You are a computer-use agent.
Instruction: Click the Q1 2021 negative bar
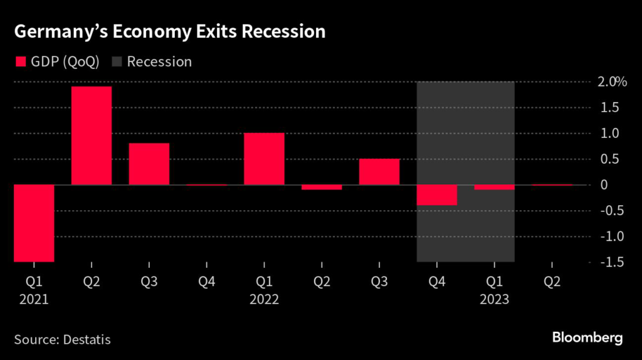click(x=34, y=223)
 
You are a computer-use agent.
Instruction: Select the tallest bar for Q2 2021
click(x=92, y=135)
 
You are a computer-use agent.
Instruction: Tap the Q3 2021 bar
click(x=149, y=164)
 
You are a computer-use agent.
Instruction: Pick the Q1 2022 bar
click(x=264, y=159)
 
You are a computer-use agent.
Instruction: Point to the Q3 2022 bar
click(x=379, y=172)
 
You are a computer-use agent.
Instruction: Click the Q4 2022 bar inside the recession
click(x=437, y=195)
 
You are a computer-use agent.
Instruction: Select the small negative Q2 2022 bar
click(x=322, y=188)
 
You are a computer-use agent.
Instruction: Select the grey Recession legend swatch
click(x=117, y=61)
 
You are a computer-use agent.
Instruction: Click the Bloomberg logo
click(x=587, y=338)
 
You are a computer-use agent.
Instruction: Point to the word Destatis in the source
click(x=87, y=340)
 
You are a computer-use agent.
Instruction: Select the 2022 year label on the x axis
click(x=264, y=300)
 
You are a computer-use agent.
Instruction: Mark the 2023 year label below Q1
click(x=494, y=300)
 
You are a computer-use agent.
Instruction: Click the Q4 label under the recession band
click(x=437, y=283)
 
